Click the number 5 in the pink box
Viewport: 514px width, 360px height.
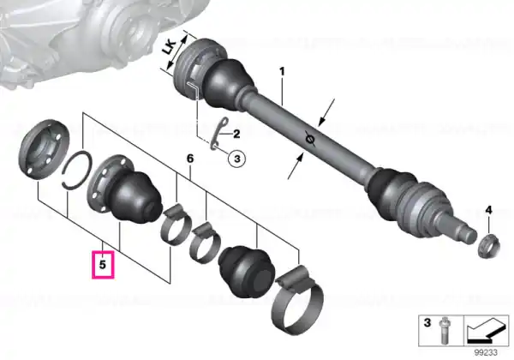point(103,264)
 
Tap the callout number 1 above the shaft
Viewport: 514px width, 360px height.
point(282,71)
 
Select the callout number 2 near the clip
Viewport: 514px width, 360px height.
point(236,134)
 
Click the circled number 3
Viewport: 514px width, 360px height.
point(237,159)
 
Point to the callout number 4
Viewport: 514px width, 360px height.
point(488,210)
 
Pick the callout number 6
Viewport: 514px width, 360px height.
point(190,159)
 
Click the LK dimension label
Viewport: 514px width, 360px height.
point(170,48)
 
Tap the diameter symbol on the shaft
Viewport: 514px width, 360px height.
point(310,140)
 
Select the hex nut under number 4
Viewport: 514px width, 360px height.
point(489,246)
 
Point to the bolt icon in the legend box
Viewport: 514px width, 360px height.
point(444,331)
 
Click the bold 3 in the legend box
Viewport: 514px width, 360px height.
point(427,322)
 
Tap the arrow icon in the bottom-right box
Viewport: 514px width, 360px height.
point(486,331)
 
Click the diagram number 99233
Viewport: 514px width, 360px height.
point(486,352)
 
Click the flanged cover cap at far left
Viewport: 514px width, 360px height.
point(45,150)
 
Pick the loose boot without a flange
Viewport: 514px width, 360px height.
point(247,272)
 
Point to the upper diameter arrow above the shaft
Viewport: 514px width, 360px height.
point(326,112)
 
